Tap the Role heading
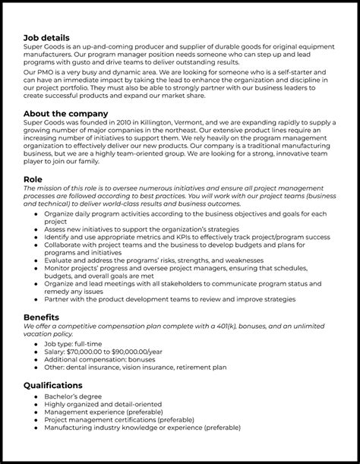[34, 180]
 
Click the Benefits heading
[42, 317]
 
